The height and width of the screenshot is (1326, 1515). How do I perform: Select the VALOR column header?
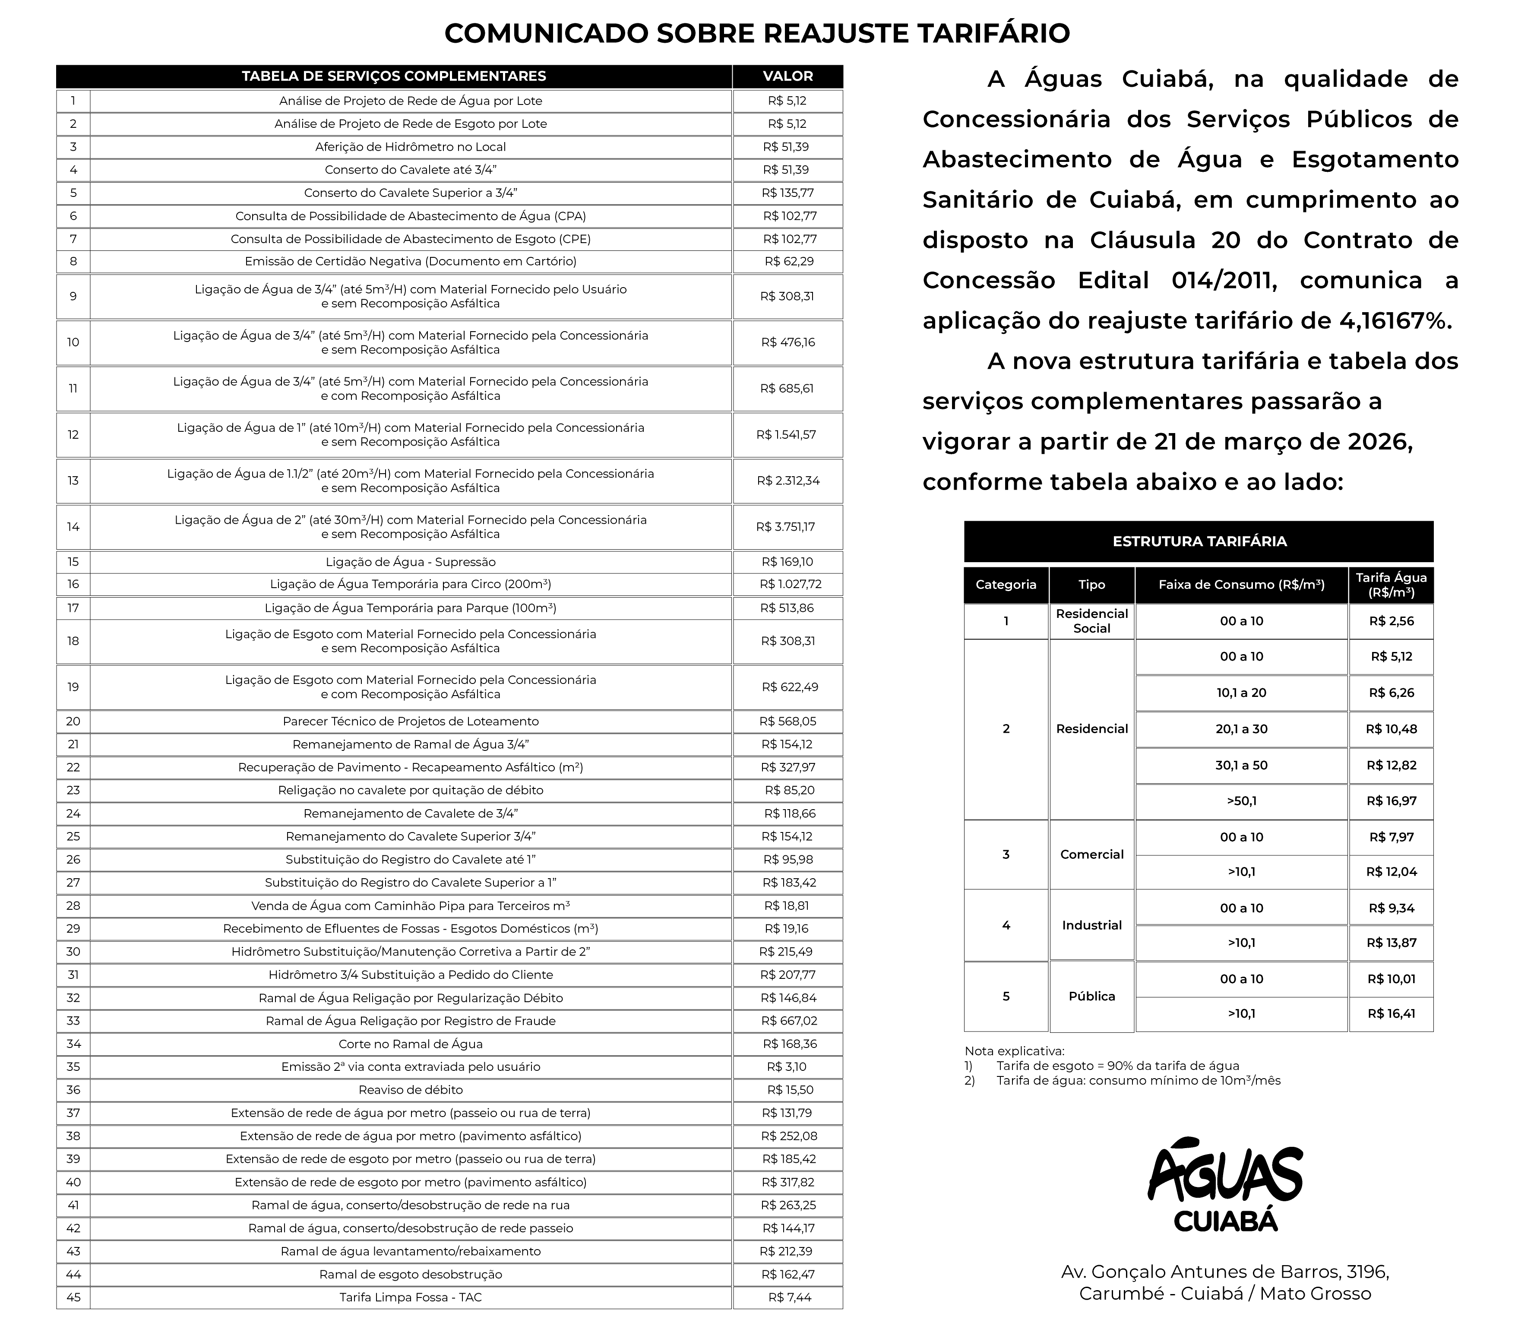788,76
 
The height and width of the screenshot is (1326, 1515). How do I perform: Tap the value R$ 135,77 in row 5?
787,193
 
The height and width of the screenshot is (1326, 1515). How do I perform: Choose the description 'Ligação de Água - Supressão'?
411,562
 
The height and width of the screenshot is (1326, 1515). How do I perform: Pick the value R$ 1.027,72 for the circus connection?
790,584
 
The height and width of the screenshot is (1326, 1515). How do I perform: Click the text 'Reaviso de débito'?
411,1089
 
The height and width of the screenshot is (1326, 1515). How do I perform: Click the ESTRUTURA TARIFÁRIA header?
1199,541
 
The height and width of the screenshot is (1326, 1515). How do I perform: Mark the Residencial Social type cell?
1092,621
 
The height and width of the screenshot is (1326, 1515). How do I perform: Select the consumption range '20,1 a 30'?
1241,729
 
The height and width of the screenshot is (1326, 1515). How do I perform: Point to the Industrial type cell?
1092,925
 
